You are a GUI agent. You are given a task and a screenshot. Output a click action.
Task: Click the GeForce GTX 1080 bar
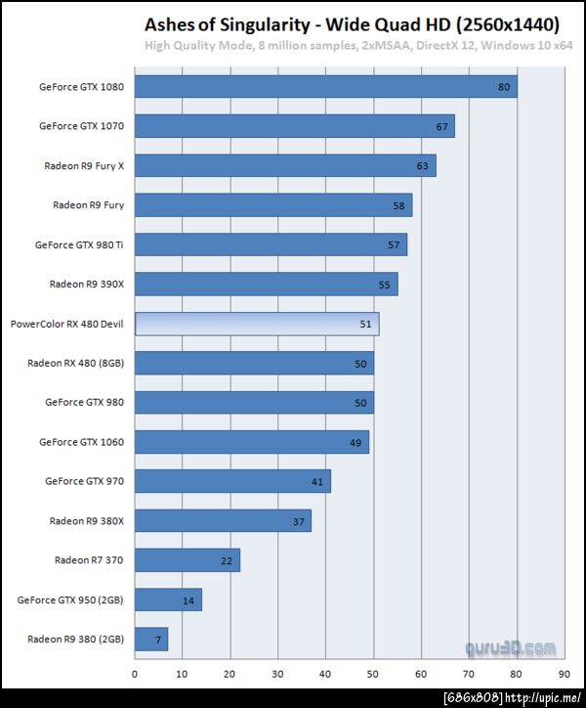click(325, 86)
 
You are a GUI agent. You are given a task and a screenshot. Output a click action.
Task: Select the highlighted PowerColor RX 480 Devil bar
click(257, 324)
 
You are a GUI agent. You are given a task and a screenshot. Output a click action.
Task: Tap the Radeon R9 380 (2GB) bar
click(151, 640)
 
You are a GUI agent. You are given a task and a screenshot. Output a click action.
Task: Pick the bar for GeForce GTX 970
click(233, 481)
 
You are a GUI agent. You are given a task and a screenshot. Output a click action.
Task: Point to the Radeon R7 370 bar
click(188, 560)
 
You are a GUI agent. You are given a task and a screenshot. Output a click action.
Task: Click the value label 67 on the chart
click(442, 126)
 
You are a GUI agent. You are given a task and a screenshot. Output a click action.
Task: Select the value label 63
click(423, 165)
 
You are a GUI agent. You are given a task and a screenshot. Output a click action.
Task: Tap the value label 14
click(188, 599)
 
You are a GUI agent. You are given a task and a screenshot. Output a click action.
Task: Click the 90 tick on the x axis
click(564, 674)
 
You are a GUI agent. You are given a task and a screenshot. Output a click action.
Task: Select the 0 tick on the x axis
click(135, 674)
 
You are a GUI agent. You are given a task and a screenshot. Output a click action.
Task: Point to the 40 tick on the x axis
click(325, 674)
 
